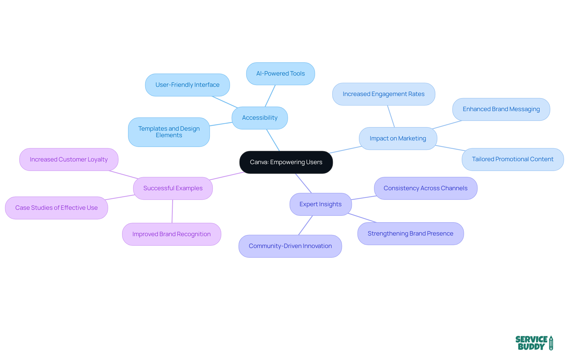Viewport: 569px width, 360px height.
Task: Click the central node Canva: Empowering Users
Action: tap(286, 162)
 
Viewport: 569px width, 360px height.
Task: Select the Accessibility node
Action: tap(260, 118)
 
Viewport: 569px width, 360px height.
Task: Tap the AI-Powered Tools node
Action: tap(280, 74)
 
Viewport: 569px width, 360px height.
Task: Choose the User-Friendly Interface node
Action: tap(187, 85)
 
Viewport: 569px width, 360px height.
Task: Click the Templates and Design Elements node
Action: tap(169, 132)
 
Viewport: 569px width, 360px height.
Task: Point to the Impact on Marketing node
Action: tap(398, 139)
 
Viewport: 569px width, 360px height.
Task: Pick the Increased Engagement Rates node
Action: tap(383, 94)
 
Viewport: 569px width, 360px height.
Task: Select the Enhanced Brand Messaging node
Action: tap(501, 109)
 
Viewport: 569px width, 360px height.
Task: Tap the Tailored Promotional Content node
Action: tap(512, 159)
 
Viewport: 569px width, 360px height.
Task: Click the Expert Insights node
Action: tap(320, 204)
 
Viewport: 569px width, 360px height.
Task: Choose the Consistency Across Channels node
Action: tap(425, 188)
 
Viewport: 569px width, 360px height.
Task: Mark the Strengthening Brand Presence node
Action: tap(410, 234)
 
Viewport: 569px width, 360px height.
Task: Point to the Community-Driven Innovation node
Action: tap(290, 246)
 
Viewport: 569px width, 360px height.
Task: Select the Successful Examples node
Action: tap(173, 188)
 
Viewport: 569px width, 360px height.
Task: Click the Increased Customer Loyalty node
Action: tap(69, 160)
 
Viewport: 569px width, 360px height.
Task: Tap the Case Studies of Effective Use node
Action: tap(56, 208)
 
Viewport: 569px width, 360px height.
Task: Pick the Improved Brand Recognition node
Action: tap(171, 234)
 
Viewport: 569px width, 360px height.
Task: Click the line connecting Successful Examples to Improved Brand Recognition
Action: tap(172, 211)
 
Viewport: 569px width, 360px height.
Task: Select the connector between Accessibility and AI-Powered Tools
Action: tap(270, 96)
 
